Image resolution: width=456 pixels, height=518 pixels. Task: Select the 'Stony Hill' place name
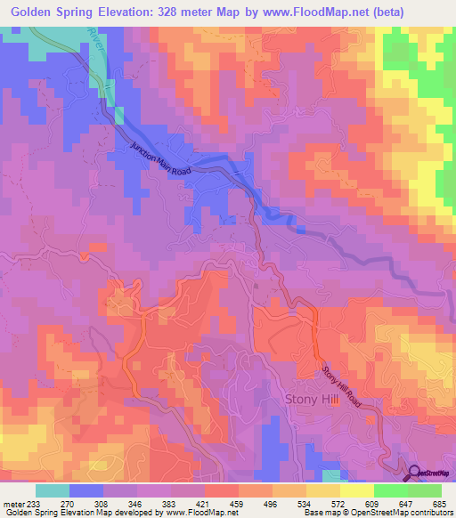[x=310, y=400]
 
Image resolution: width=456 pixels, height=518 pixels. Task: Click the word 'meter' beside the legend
[x=14, y=503]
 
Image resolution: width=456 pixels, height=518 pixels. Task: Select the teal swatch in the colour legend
[x=53, y=490]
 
